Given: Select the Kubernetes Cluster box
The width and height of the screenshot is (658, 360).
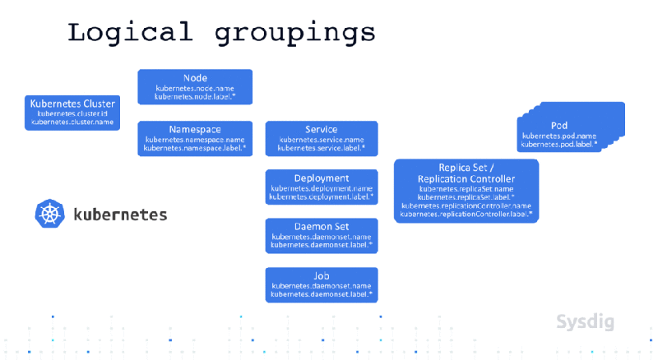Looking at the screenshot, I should pos(72,113).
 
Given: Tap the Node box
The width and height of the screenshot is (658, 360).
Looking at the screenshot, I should pos(195,86).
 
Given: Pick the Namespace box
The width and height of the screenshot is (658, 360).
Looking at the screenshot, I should pos(195,138).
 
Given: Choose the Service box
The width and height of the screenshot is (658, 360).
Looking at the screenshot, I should pos(321,138).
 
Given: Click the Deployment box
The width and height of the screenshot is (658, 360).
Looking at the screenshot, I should pos(321,187).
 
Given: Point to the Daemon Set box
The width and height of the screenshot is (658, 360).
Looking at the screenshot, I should pos(321,235).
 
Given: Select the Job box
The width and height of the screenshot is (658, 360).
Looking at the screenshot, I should pos(321,284).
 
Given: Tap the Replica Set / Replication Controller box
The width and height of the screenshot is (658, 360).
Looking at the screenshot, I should pos(466,191).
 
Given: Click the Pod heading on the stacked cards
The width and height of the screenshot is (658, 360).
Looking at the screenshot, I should pos(559,125).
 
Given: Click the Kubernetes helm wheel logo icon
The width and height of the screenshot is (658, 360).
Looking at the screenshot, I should pos(50,215).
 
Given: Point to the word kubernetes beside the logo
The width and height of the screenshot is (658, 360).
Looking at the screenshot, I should pos(120,215).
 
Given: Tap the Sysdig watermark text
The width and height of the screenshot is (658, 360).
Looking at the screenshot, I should pos(584,321).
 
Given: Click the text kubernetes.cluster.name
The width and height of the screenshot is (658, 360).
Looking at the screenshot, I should pos(72,122).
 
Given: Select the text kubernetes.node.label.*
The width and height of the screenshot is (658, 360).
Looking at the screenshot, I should pos(195,96).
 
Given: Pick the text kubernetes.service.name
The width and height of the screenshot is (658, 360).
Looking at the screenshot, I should pos(321,140).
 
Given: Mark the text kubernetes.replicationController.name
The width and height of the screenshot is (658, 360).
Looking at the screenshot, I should pos(466,205).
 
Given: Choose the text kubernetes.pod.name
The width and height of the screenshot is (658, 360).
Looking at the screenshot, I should pos(559,136).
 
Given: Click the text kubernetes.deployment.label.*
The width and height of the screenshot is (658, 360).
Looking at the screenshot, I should pos(321,197).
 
